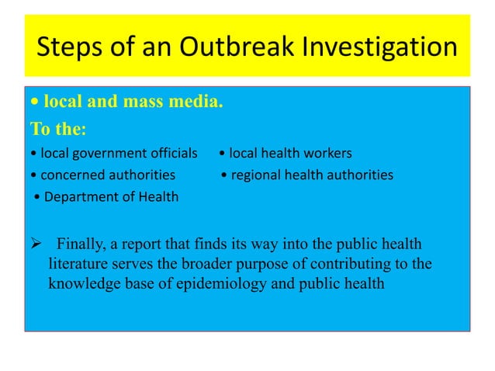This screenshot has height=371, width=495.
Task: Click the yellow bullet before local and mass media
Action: coord(34,102)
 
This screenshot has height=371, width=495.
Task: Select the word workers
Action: coord(329,151)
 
